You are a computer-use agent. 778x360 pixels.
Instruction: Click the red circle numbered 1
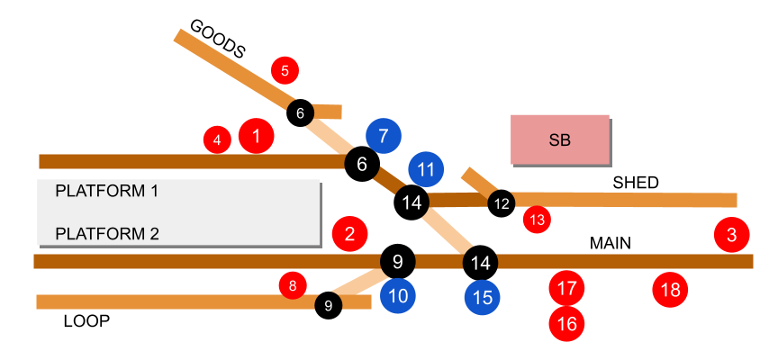(257, 136)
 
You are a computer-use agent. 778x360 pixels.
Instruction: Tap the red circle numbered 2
(349, 234)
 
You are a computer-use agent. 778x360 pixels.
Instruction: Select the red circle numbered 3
(731, 235)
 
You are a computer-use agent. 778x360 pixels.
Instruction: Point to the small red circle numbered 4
(217, 139)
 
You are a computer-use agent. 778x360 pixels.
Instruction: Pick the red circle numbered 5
(285, 69)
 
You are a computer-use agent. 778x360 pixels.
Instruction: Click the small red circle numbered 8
(293, 286)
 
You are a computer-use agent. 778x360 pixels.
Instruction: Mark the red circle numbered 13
(537, 219)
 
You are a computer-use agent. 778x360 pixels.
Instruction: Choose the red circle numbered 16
(567, 323)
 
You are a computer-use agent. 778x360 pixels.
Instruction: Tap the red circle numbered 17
(567, 288)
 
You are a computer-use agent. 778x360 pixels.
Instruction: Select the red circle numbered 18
(670, 290)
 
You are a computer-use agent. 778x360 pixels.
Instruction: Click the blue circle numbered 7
(384, 136)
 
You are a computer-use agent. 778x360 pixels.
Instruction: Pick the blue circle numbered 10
(398, 295)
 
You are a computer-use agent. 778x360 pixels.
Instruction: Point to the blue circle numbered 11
(426, 168)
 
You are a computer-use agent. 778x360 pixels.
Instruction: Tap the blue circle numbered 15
(483, 298)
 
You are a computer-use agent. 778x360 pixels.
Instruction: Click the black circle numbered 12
(502, 203)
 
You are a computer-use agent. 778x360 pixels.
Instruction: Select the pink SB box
(559, 139)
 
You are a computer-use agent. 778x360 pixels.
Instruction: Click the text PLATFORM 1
(107, 191)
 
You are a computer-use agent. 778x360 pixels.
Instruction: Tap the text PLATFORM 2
(107, 234)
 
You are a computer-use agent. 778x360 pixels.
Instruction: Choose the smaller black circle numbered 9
(328, 305)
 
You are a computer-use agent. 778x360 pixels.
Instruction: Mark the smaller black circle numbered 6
(300, 112)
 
